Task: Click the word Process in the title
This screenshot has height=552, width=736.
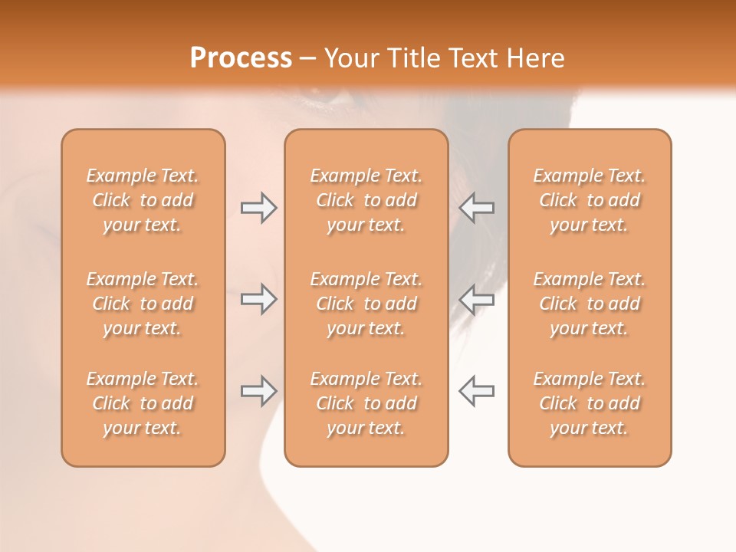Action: point(241,58)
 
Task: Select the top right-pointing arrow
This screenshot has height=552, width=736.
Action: point(258,208)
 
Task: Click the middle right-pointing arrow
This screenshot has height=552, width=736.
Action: point(258,299)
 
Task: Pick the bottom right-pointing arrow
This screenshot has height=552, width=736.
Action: point(258,391)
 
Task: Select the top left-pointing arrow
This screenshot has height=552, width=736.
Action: point(476,208)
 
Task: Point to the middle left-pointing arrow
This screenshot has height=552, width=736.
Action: point(476,299)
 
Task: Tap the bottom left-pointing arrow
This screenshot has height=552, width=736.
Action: point(476,391)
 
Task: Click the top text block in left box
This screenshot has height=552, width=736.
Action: point(143,200)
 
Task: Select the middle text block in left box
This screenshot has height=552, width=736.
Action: point(143,304)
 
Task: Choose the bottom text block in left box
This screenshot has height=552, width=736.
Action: point(143,403)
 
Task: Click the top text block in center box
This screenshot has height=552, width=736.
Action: point(366,200)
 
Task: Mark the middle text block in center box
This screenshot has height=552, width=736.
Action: point(366,304)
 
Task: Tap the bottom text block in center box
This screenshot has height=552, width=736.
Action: point(366,403)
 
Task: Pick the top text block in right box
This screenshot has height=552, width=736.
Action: point(589,200)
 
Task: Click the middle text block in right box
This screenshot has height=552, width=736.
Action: point(589,304)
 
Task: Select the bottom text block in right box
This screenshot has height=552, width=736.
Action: point(589,403)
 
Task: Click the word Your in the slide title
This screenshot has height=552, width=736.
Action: point(350,58)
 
